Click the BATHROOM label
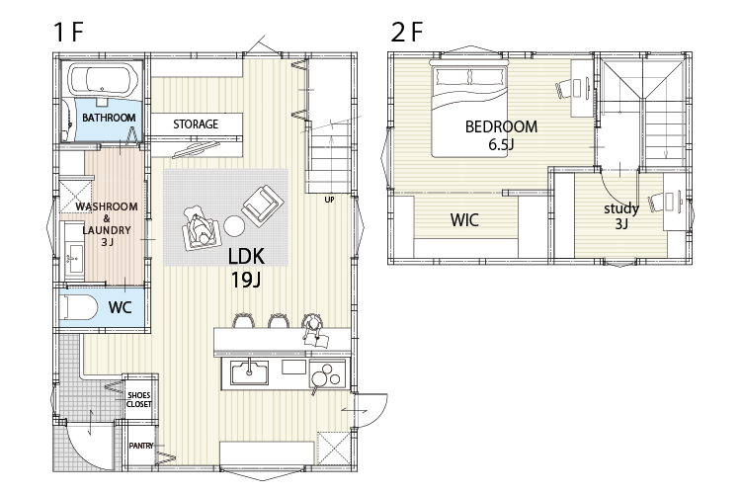click(x=109, y=118)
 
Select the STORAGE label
click(x=196, y=124)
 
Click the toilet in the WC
click(x=79, y=307)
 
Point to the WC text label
click(x=120, y=307)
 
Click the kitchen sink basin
click(x=250, y=372)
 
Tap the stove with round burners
click(x=327, y=373)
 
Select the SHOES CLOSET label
click(x=139, y=399)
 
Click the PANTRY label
click(x=141, y=446)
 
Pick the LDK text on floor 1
click(x=246, y=256)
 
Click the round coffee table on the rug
click(x=234, y=225)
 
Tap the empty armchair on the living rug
click(x=263, y=206)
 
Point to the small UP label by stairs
click(x=329, y=200)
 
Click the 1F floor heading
click(x=68, y=33)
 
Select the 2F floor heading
click(x=407, y=33)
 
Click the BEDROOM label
click(x=501, y=126)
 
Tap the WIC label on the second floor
click(x=464, y=219)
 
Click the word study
click(x=621, y=208)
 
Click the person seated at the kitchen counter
click(x=313, y=326)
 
